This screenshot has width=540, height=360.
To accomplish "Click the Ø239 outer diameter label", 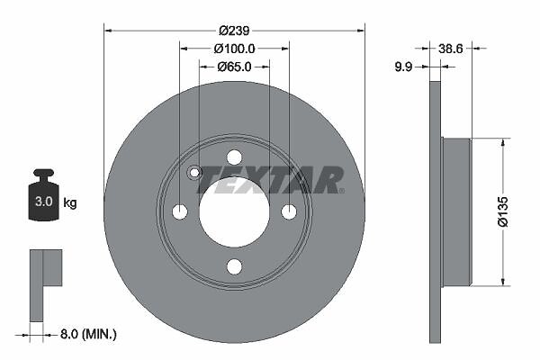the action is pyautogui.click(x=234, y=31).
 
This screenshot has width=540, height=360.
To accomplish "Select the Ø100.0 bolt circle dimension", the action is pyautogui.click(x=234, y=49).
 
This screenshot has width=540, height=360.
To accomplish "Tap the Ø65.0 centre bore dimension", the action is pyautogui.click(x=234, y=67).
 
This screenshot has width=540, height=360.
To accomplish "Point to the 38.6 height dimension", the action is pyautogui.click(x=451, y=49).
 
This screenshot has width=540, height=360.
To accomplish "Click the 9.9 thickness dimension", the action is pyautogui.click(x=403, y=67).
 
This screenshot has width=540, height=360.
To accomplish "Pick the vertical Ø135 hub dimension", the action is pyautogui.click(x=503, y=211).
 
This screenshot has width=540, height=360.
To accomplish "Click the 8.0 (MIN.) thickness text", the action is pyautogui.click(x=88, y=334).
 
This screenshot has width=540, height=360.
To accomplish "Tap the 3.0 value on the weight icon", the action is pyautogui.click(x=44, y=202).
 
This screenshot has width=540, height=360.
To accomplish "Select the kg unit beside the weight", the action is pyautogui.click(x=70, y=202).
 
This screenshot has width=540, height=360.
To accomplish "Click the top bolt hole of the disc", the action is pyautogui.click(x=235, y=157).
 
